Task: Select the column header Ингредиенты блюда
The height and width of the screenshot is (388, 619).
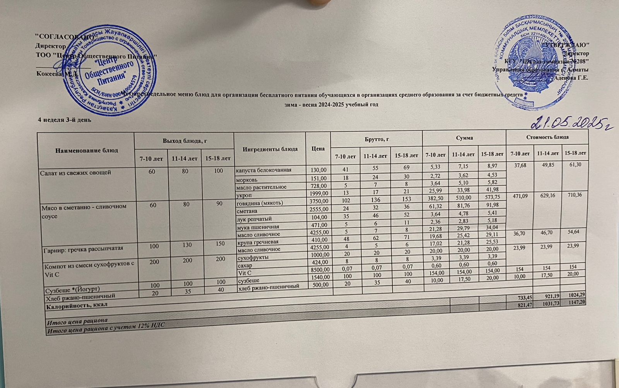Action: pyautogui.click(x=270, y=149)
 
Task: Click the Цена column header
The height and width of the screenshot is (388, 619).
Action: pyautogui.click(x=318, y=149)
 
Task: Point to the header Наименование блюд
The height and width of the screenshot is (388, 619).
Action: pyautogui.click(x=85, y=150)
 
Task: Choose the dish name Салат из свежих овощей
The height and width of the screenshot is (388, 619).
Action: pyautogui.click(x=75, y=173)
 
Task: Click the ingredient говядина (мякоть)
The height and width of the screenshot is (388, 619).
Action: pyautogui.click(x=260, y=203)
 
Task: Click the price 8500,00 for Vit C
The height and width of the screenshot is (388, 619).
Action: pyautogui.click(x=318, y=270)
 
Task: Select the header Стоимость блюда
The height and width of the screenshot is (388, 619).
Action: pyautogui.click(x=547, y=137)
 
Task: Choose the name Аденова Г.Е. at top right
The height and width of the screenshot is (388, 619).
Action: pyautogui.click(x=571, y=78)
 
